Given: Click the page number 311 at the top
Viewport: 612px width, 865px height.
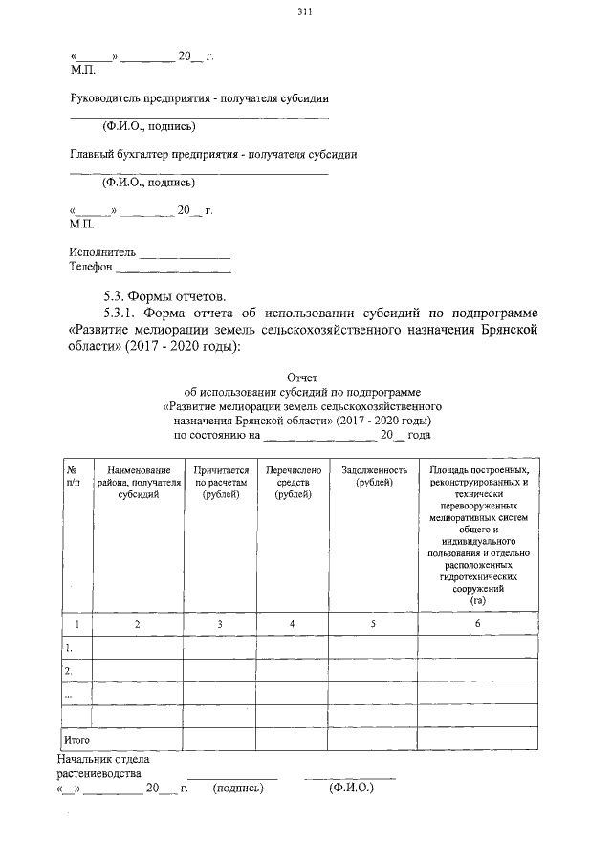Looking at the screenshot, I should pos(305,12).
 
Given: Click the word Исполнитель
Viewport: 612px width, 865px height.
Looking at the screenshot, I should pos(102,253).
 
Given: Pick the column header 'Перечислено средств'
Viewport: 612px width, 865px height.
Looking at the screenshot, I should pos(292,482).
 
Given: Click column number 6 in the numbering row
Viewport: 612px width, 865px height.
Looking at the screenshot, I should pos(478,624).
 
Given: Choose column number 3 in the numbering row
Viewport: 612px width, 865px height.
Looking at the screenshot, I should pos(221,624).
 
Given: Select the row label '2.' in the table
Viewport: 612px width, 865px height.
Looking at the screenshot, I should pos(69,671).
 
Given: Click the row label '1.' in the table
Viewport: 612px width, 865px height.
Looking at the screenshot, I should pos(69,647).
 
